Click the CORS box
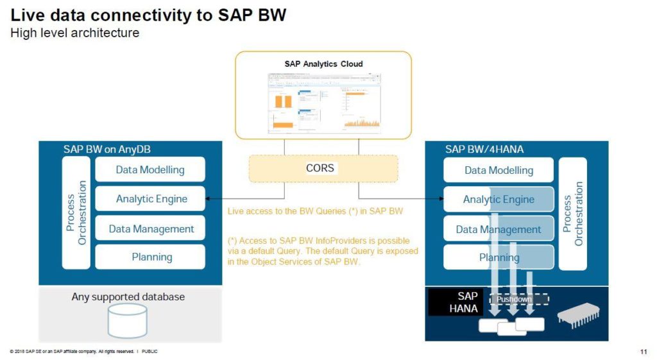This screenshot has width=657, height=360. click(x=323, y=168)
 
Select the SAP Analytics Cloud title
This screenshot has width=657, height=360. click(x=323, y=64)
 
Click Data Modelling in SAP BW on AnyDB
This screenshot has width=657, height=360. click(x=150, y=169)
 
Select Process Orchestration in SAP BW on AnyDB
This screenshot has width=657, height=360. click(x=76, y=212)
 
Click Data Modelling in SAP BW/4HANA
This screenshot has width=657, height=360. click(x=499, y=170)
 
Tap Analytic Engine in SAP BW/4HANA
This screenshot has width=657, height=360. click(x=499, y=200)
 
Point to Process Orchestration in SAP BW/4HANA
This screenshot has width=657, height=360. click(x=573, y=214)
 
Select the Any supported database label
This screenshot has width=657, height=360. click(x=128, y=297)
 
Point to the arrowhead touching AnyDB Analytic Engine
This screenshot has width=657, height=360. click(x=209, y=199)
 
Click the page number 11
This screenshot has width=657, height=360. click(x=643, y=352)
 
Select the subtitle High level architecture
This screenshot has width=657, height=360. click(x=74, y=33)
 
